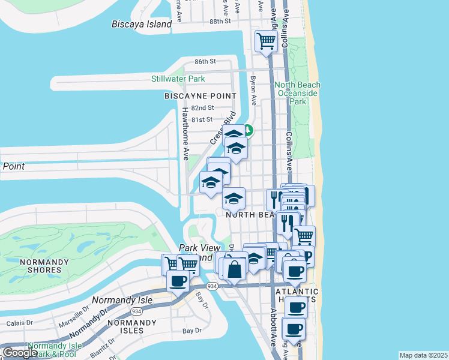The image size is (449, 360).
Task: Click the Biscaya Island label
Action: [x=142, y=24]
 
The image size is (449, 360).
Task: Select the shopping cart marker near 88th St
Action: [x=265, y=41]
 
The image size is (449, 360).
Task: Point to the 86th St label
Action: [x=205, y=62]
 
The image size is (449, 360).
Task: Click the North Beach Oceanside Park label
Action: [x=298, y=93]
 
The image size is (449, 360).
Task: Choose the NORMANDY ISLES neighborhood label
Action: [x=125, y=326]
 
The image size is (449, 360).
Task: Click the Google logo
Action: [x=20, y=353]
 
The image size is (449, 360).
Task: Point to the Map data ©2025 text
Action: [x=423, y=355]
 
